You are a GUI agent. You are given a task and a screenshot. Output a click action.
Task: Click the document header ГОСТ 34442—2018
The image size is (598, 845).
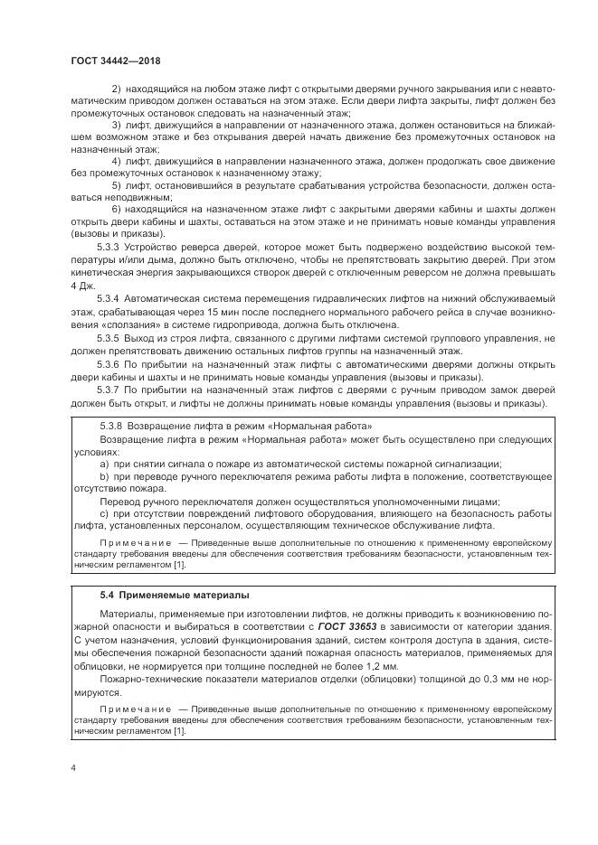click(116, 60)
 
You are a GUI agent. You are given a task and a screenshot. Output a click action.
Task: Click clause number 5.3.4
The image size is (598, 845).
click(109, 297)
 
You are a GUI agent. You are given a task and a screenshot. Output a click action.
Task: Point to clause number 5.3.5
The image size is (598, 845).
click(109, 335)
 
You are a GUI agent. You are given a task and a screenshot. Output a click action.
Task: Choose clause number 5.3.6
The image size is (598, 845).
click(109, 363)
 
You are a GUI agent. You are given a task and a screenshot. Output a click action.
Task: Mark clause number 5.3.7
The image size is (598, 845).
click(109, 390)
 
